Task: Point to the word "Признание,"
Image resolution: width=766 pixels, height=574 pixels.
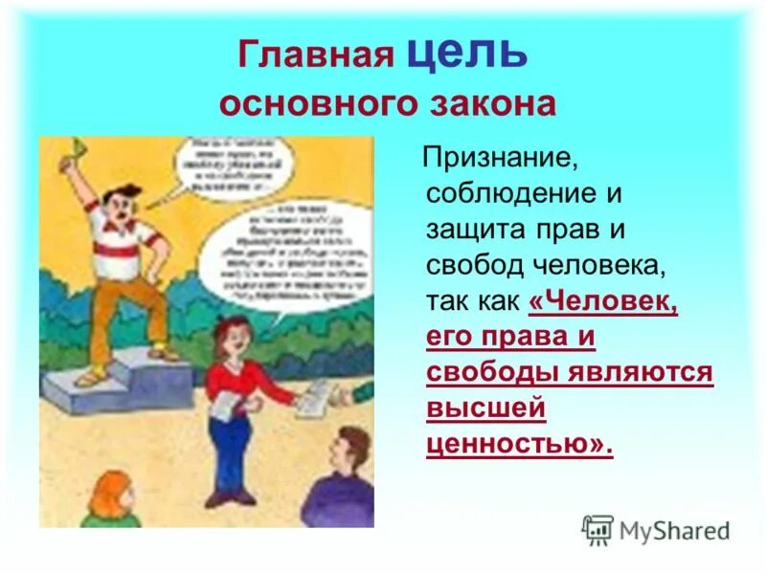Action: pyautogui.click(x=503, y=157)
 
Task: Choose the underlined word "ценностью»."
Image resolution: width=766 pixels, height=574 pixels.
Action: pyautogui.click(x=518, y=446)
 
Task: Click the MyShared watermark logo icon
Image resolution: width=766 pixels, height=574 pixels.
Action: pyautogui.click(x=597, y=530)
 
